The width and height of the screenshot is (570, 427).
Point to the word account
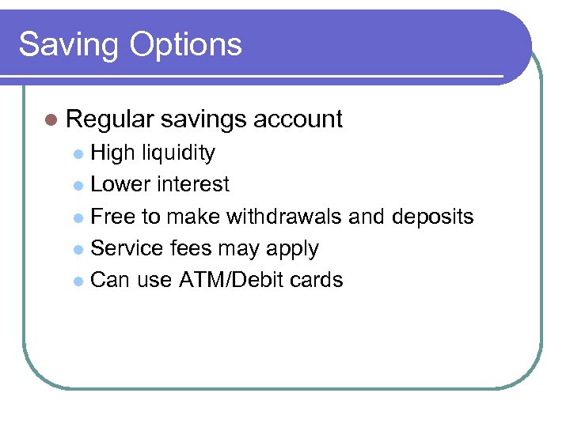coord(298,119)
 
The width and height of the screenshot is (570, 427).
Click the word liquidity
coord(178,153)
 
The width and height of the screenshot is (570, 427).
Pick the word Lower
coord(120,184)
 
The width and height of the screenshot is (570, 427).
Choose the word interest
coord(193,184)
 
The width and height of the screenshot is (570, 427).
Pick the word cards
coord(315,280)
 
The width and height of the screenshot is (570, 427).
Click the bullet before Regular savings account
coord(51,120)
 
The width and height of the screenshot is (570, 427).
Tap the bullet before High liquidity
coord(78,153)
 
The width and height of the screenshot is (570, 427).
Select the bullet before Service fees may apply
coord(78,249)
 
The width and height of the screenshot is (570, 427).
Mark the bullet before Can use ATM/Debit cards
coord(78,281)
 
